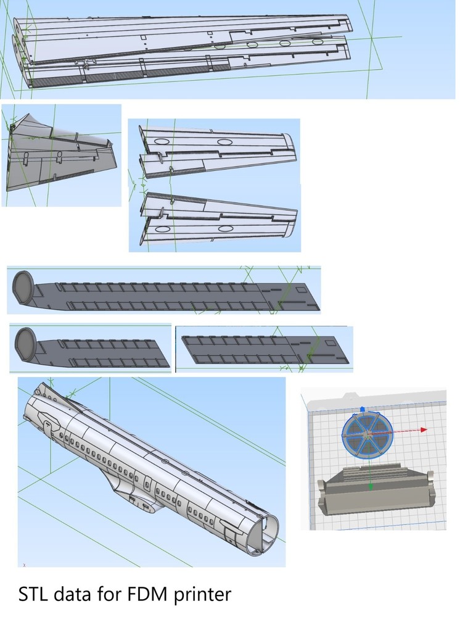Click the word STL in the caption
(34, 595)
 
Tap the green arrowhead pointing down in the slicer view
(370, 487)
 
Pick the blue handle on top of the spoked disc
(363, 408)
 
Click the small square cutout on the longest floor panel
(300, 289)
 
